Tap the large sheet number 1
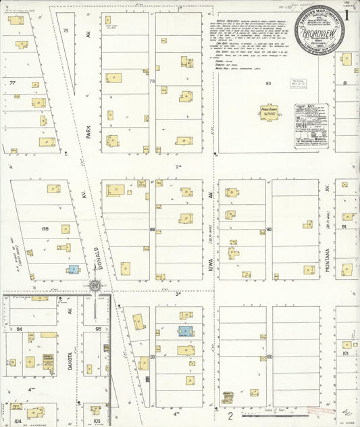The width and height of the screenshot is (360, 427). (x=346, y=14)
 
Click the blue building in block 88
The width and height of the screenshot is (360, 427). (x=72, y=269)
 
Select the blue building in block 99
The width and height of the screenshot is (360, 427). (x=184, y=332)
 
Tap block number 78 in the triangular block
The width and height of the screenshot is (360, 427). (x=66, y=31)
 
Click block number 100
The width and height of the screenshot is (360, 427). (x=269, y=356)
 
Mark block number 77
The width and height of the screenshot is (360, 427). (x=12, y=84)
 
